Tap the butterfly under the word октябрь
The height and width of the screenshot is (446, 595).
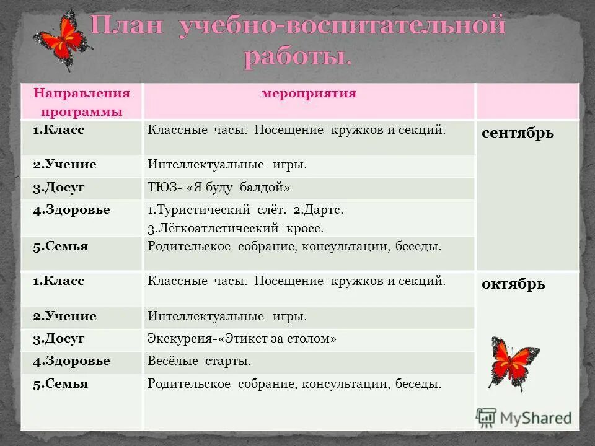(x=514, y=363)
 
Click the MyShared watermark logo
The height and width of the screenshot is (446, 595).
(x=524, y=418)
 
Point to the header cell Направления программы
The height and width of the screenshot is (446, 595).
(x=82, y=102)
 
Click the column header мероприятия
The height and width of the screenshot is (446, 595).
(x=309, y=94)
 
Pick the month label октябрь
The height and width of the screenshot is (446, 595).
(x=513, y=284)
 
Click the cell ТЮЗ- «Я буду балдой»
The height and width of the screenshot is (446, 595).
(x=219, y=188)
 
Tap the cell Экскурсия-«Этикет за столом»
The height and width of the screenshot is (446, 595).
(x=242, y=339)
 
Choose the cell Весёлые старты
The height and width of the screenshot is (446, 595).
(x=199, y=361)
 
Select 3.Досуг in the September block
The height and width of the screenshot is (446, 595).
(x=59, y=187)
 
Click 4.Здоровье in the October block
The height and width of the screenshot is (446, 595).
(x=71, y=361)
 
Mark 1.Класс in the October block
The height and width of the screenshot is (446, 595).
(x=59, y=281)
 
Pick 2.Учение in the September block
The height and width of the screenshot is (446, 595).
(x=64, y=164)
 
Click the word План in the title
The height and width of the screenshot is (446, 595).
(x=129, y=28)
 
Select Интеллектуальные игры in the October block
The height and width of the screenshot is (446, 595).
(x=227, y=317)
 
